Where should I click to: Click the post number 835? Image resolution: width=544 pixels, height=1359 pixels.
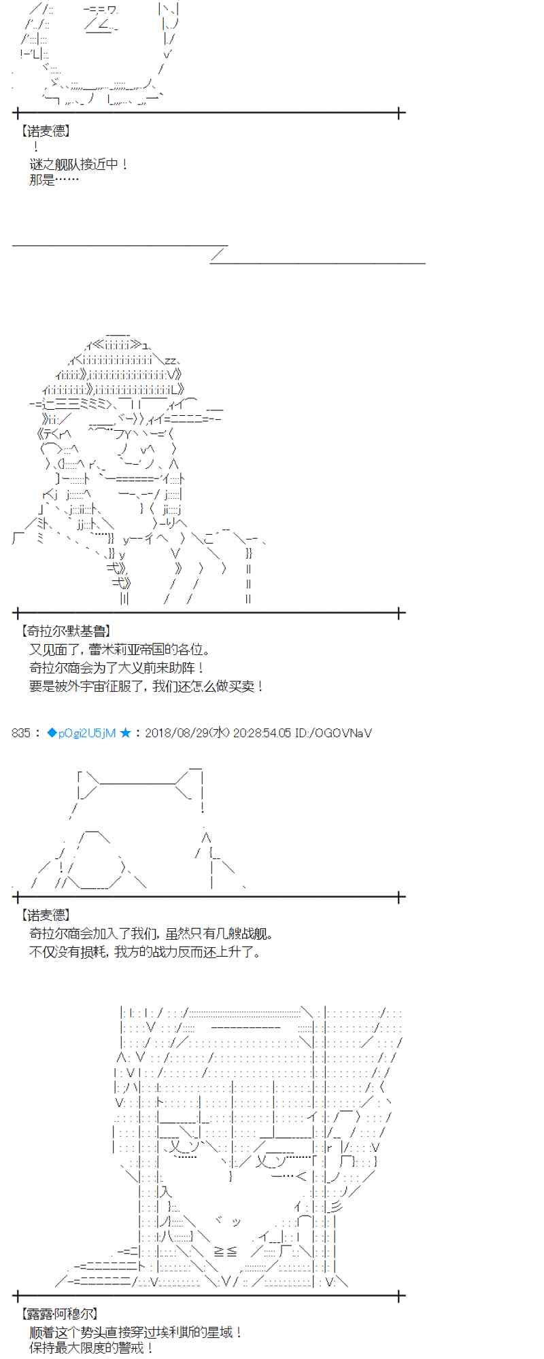(21, 733)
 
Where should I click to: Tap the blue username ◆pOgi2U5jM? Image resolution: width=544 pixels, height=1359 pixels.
(81, 733)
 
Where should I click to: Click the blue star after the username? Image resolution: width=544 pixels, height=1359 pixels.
(125, 733)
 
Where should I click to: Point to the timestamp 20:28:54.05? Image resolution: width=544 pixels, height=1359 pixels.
(262, 733)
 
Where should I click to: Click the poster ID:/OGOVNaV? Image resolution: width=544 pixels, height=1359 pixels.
(333, 733)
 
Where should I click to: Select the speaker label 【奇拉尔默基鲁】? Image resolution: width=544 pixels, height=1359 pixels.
(65, 632)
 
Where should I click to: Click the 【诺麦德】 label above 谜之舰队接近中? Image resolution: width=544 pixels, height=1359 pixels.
(46, 130)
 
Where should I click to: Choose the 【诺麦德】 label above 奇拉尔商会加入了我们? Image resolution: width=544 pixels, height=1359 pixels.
(46, 916)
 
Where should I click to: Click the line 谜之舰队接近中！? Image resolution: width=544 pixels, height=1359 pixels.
(79, 164)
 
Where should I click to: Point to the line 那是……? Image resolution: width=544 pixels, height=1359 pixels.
(54, 180)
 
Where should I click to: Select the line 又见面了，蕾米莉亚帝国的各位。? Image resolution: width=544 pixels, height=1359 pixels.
(120, 650)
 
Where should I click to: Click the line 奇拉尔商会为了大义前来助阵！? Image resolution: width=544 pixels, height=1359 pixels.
(117, 669)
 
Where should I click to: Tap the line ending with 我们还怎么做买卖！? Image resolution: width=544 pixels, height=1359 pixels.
(146, 687)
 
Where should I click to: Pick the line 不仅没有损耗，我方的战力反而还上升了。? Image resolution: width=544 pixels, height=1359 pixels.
(145, 952)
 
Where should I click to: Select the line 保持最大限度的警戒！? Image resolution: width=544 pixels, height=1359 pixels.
(92, 1348)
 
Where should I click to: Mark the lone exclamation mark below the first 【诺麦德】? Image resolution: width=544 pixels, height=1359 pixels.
(35, 147)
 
